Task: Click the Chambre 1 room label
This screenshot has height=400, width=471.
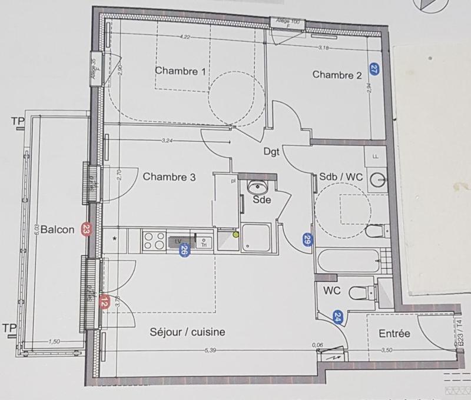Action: point(180,71)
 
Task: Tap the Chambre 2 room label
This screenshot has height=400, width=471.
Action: point(337,75)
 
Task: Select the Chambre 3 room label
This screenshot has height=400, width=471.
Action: point(169,176)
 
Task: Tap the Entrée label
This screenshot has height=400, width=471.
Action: point(394,334)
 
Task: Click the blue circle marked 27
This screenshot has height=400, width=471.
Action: point(374,69)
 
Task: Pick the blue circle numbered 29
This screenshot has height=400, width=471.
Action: point(307,239)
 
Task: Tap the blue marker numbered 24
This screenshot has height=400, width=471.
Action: point(338,318)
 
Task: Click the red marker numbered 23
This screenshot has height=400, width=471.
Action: point(87,229)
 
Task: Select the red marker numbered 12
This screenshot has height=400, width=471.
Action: point(104,303)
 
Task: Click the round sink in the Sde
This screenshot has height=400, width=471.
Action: point(257,188)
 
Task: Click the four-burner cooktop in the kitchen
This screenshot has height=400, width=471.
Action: point(154,241)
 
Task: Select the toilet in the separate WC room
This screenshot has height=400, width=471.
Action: point(359,292)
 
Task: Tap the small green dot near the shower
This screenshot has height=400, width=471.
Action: point(236,234)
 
